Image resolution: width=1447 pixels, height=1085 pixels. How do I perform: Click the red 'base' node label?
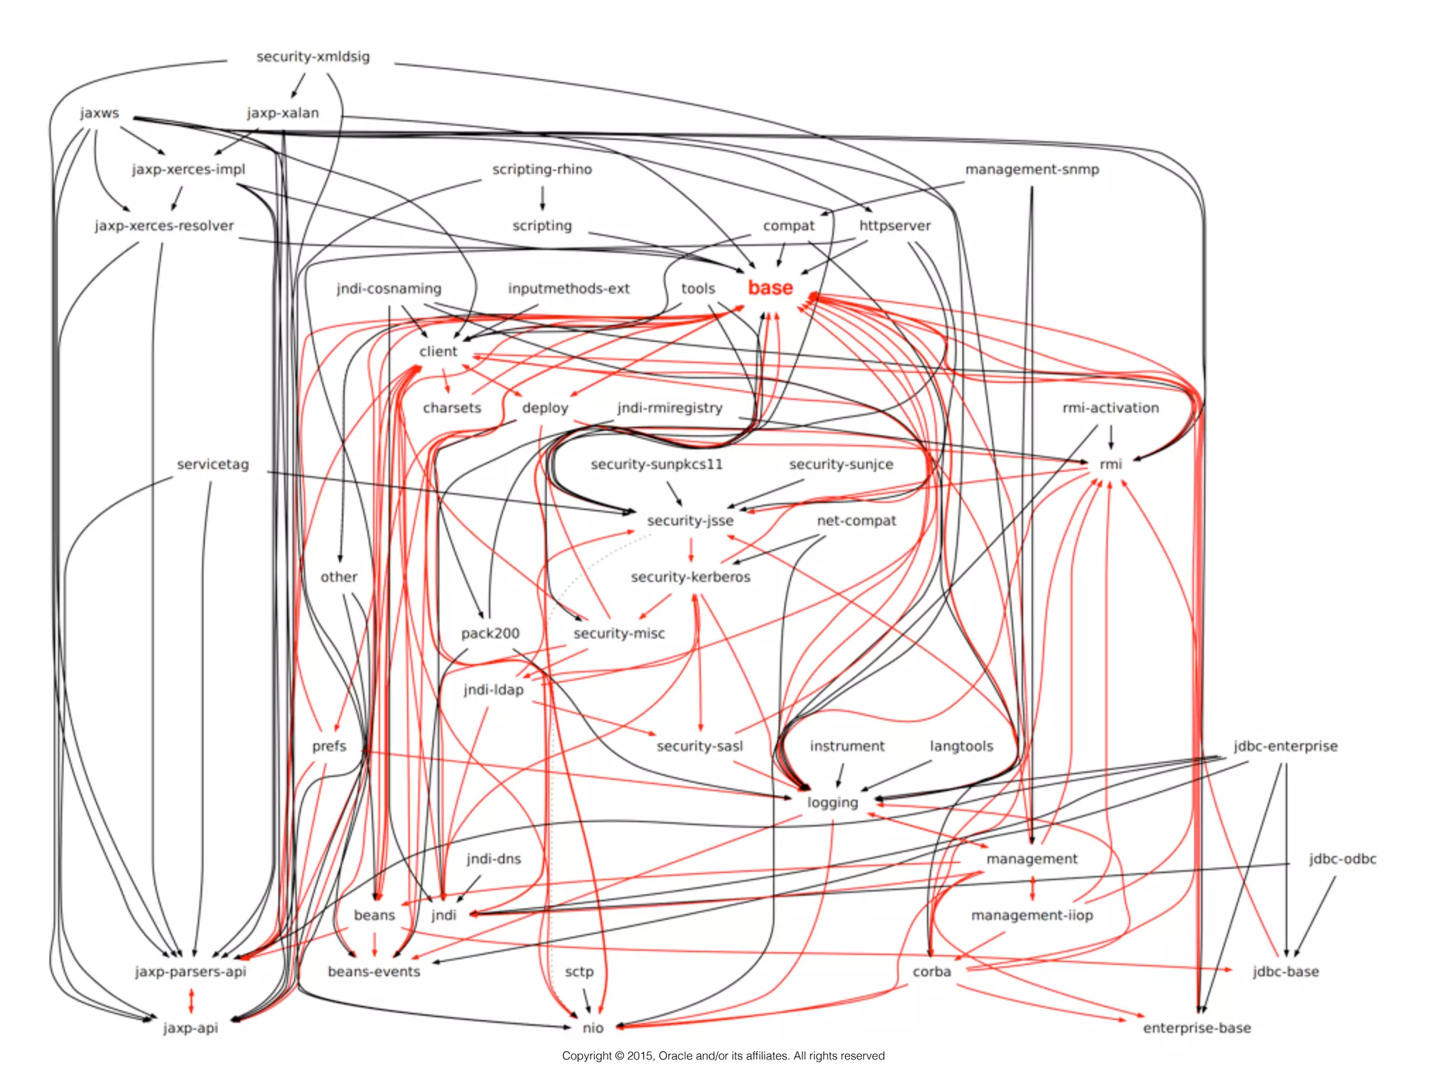coord(770,288)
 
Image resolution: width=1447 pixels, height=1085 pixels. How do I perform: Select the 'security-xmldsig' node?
coord(313,57)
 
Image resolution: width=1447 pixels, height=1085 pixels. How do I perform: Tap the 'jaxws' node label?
coord(100,113)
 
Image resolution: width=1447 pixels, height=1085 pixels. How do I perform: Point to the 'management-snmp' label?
coord(1032,170)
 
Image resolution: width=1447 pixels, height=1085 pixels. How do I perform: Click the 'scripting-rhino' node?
coord(542,170)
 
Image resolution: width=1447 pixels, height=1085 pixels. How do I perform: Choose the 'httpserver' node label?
coord(894,226)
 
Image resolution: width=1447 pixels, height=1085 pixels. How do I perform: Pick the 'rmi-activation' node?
coord(1110,408)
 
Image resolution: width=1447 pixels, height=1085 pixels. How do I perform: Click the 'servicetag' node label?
coord(213,464)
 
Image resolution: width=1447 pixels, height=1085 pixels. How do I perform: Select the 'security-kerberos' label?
coord(690,577)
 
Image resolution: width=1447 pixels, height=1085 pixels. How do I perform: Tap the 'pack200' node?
coord(490,634)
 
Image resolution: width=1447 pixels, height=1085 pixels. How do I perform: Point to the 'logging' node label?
coord(832,802)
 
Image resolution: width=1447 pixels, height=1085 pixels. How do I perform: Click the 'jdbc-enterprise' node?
coord(1285,746)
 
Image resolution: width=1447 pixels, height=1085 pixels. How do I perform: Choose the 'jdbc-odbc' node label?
coord(1342,859)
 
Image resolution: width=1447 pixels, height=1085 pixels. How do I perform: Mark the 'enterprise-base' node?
coord(1197,1028)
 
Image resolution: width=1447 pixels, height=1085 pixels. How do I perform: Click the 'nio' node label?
coord(593,1028)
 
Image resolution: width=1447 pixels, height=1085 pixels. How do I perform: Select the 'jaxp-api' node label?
coord(191,1028)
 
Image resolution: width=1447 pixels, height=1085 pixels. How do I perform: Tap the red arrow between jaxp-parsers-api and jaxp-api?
coord(191,1000)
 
